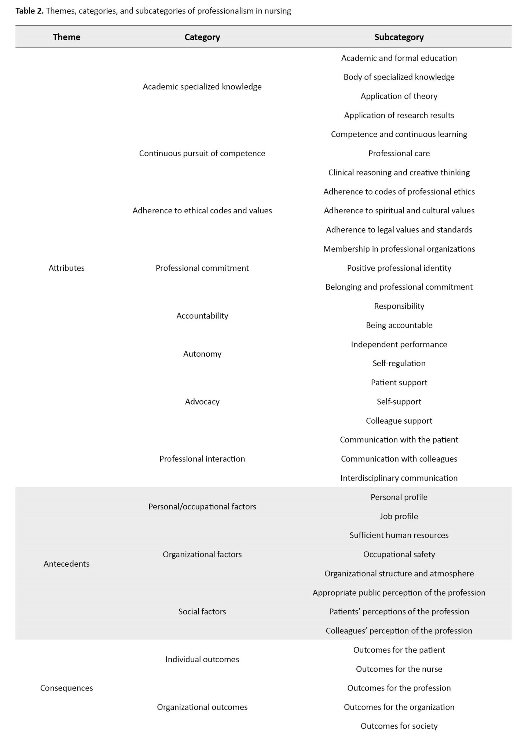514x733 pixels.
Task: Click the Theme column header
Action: click(x=66, y=37)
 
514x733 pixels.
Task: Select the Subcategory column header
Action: click(x=399, y=37)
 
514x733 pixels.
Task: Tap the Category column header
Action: click(x=202, y=37)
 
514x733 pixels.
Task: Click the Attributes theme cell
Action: click(x=66, y=268)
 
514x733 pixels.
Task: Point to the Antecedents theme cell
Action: click(x=66, y=564)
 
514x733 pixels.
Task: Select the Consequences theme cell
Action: click(x=66, y=688)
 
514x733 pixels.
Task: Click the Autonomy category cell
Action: click(x=202, y=354)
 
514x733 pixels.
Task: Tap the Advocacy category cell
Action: click(x=202, y=402)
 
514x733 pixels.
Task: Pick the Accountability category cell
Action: click(x=202, y=316)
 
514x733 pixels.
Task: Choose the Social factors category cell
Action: click(x=202, y=611)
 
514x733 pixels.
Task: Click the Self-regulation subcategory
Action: click(x=399, y=363)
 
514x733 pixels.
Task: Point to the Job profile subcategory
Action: click(x=399, y=516)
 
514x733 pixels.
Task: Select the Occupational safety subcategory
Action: click(x=399, y=554)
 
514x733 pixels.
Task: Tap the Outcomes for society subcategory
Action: click(x=399, y=726)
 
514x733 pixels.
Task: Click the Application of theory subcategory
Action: click(x=399, y=96)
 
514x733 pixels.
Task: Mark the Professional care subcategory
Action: click(x=399, y=153)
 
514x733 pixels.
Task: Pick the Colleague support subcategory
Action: click(x=399, y=421)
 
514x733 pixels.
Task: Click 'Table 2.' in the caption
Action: click(x=29, y=11)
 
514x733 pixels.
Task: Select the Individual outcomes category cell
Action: click(x=202, y=659)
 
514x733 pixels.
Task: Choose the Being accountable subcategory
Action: click(x=399, y=325)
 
